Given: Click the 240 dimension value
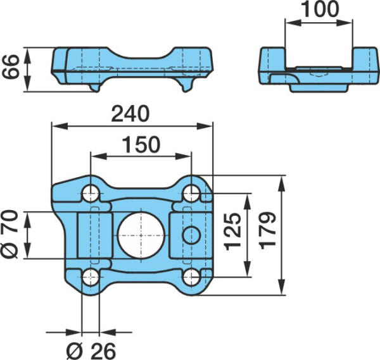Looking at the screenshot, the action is (130, 113).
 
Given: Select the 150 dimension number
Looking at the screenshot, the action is (141, 144).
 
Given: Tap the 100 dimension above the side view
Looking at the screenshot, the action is (320, 9).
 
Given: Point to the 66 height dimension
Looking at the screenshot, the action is (10, 67).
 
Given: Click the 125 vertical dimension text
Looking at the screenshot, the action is (232, 232).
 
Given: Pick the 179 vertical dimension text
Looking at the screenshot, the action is (267, 231).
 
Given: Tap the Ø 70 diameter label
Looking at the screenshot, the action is (9, 234).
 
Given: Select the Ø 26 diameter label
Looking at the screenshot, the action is (91, 351).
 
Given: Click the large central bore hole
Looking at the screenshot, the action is (141, 235).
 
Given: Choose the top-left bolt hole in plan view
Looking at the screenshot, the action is (91, 194).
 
